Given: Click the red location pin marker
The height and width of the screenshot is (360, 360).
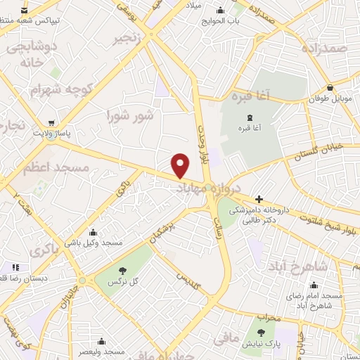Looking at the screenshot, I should point(181,165).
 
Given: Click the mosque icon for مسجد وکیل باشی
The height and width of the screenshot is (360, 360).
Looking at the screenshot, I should point(94,232).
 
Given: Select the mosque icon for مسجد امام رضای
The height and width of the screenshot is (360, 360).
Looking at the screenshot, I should point(314,285).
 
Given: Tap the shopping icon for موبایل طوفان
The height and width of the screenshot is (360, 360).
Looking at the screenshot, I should point(330,89).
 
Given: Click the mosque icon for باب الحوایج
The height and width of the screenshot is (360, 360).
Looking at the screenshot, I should point(222,10).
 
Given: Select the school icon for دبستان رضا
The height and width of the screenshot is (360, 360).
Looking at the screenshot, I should point(15,266).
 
